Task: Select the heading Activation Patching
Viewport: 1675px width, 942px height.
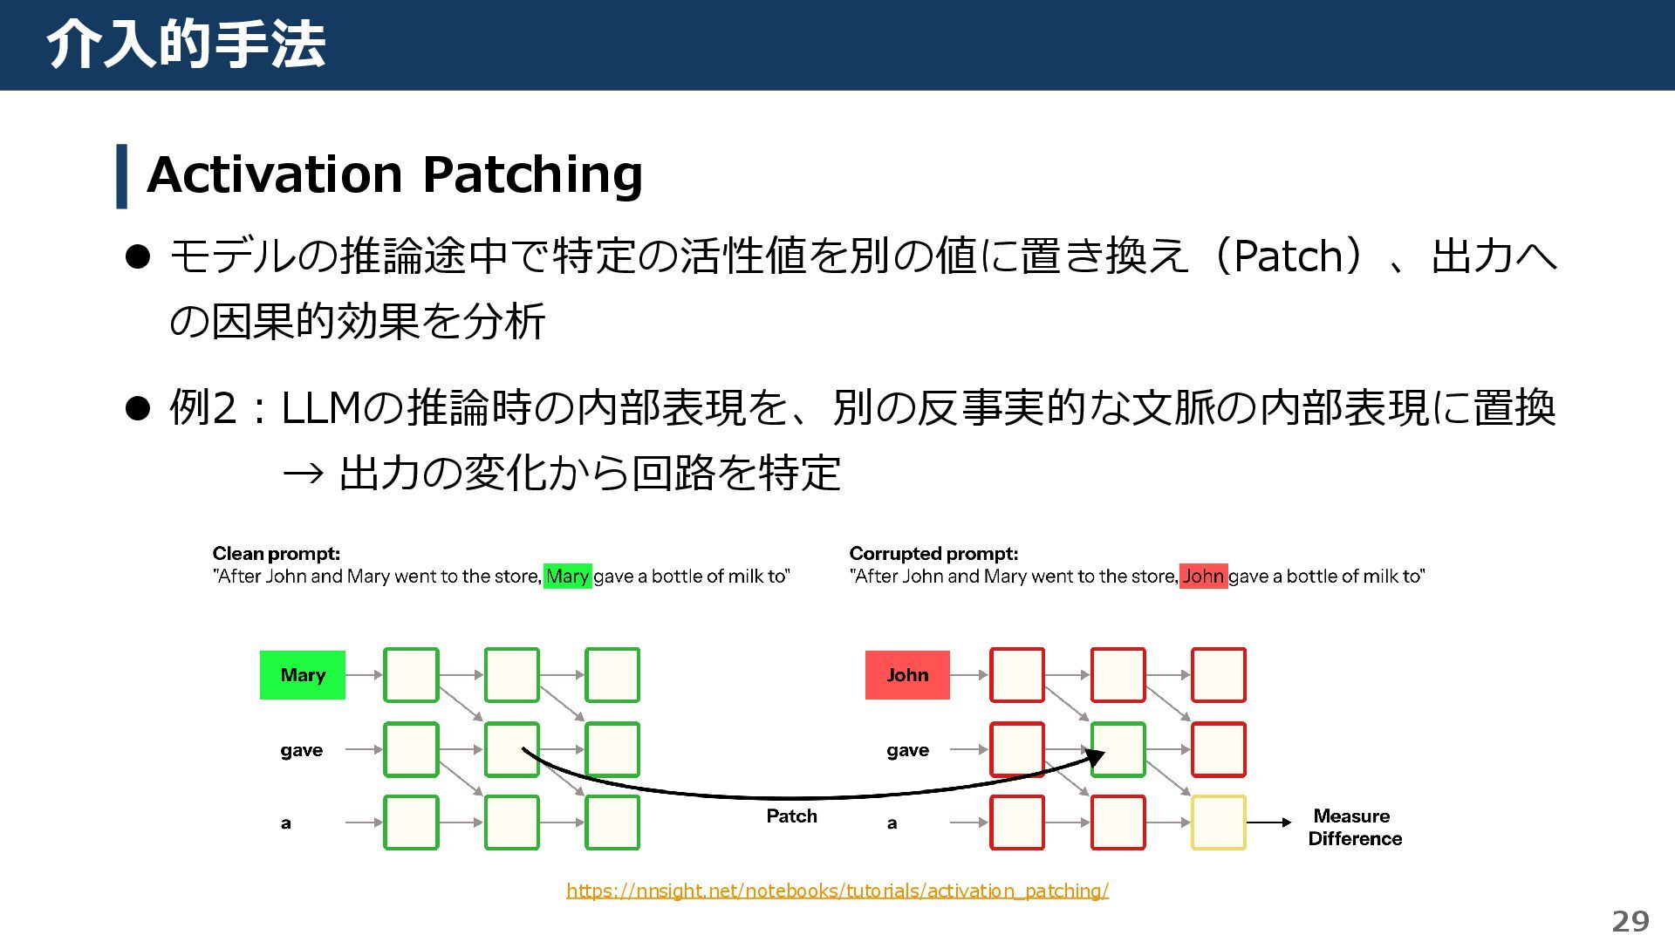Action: point(394,174)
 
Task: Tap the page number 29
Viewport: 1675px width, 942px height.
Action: point(1630,921)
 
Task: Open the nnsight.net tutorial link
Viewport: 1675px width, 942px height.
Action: point(837,891)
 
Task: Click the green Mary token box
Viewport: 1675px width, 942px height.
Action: point(303,675)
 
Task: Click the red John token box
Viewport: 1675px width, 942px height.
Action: point(907,675)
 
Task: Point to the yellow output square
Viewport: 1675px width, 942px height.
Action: point(1218,823)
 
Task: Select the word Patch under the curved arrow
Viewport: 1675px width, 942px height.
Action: point(791,816)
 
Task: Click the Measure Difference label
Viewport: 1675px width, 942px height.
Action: point(1354,827)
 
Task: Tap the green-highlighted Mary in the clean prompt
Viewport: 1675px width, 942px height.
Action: point(567,577)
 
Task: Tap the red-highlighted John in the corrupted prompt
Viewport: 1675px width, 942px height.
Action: point(1203,577)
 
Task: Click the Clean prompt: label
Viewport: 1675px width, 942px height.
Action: point(276,554)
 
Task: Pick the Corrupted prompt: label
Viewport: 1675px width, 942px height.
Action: point(933,554)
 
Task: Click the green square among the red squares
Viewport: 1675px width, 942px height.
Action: point(1118,749)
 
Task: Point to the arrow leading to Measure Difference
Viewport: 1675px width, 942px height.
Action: point(1269,823)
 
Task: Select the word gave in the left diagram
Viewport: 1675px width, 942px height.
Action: point(301,750)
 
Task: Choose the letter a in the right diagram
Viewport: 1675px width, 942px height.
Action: point(892,823)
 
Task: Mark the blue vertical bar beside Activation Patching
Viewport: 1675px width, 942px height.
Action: point(122,176)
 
